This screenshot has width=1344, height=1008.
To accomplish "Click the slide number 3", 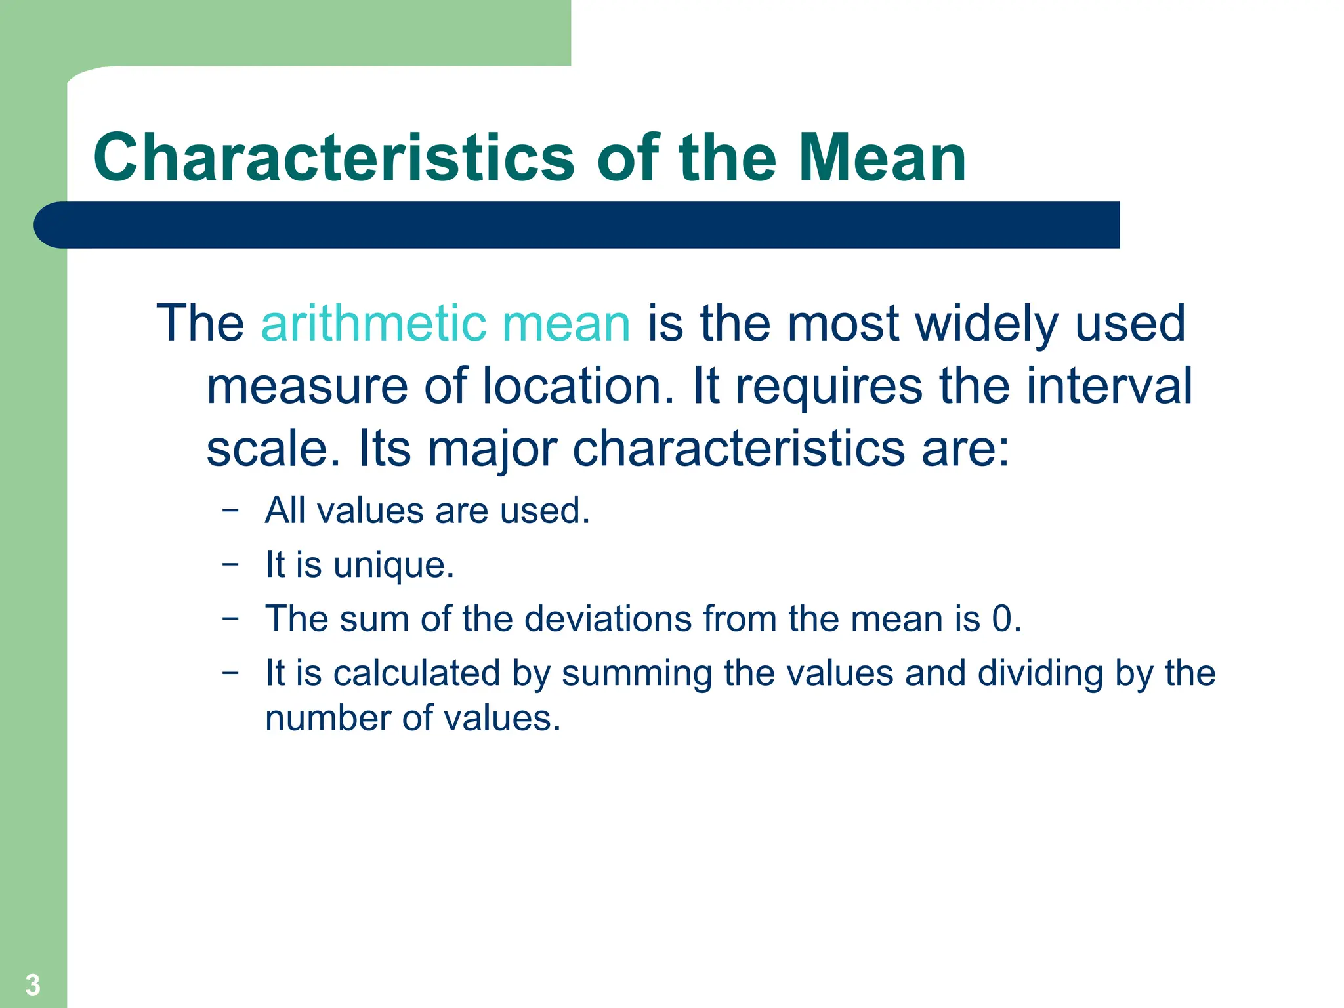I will (x=33, y=985).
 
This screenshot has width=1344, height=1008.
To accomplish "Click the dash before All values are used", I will (x=230, y=510).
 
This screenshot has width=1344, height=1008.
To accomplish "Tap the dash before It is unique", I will (x=230, y=564).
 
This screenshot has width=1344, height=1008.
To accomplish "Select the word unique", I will (x=393, y=566).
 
